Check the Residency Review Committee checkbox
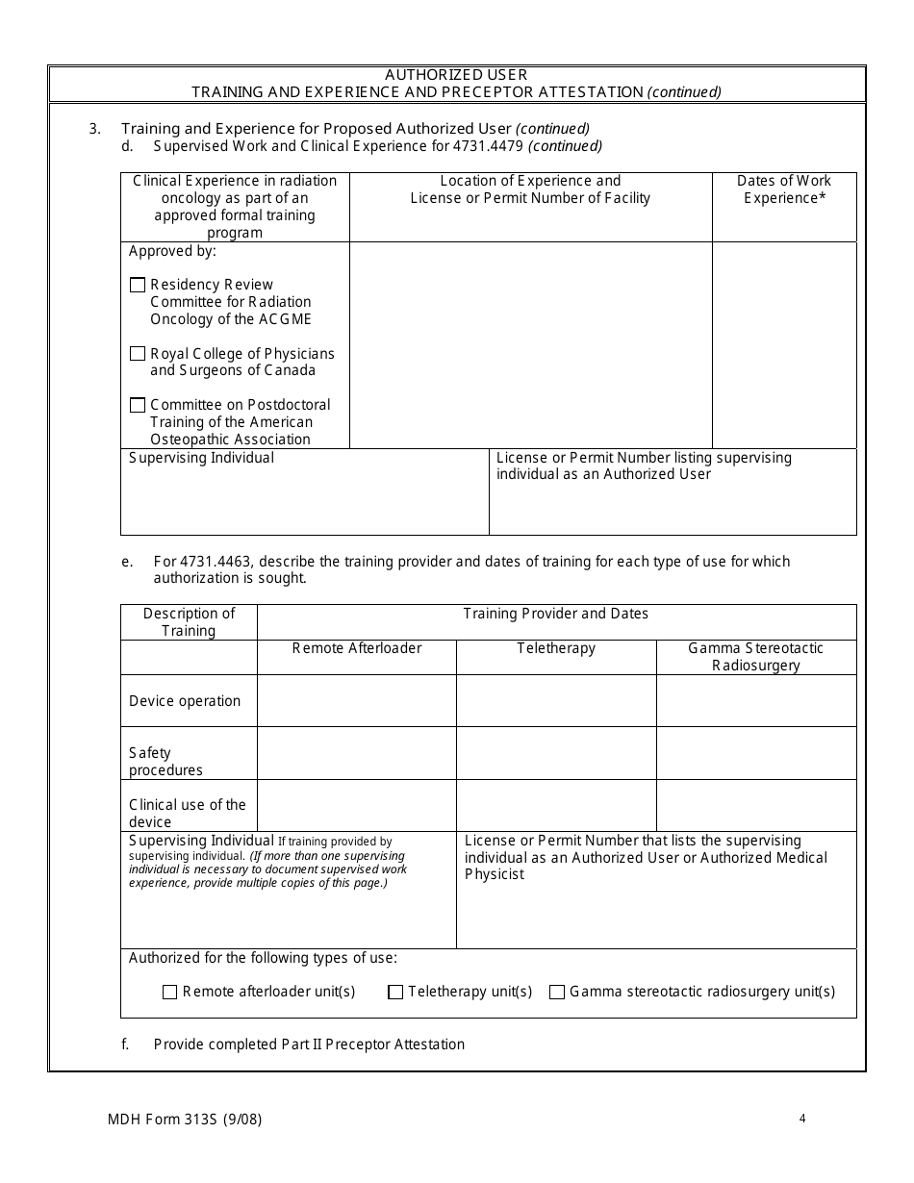[138, 285]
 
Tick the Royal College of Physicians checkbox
[138, 354]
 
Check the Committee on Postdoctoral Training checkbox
[138, 405]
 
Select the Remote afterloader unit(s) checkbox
[170, 993]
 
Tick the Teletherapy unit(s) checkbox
[395, 993]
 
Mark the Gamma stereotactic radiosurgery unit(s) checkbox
[557, 993]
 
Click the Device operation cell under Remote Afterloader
[356, 700]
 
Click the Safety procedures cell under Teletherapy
[556, 752]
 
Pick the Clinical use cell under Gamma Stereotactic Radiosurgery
[756, 805]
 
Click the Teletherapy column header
[556, 648]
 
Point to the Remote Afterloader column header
[356, 648]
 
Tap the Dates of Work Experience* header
[784, 189]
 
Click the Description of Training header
[189, 621]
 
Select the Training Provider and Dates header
[556, 614]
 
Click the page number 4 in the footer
[801, 1119]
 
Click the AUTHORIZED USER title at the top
[456, 75]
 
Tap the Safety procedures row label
[165, 762]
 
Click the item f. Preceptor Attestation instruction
[309, 1045]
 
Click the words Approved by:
[173, 251]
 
